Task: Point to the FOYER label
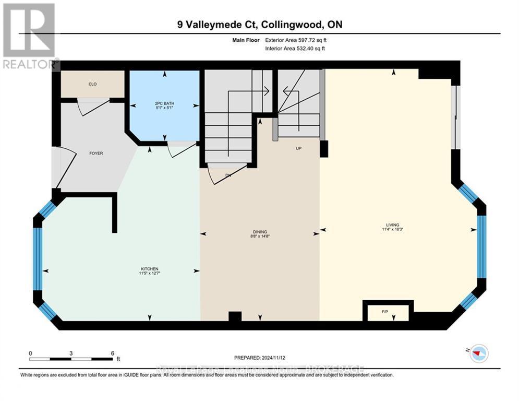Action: click(95, 154)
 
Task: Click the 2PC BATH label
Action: click(164, 103)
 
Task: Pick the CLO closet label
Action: click(92, 84)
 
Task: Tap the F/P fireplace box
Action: click(385, 312)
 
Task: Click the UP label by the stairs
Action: click(299, 148)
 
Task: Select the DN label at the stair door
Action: click(228, 175)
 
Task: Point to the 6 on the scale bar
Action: click(112, 353)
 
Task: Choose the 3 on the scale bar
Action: click(71, 353)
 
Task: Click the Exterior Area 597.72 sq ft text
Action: click(296, 40)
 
